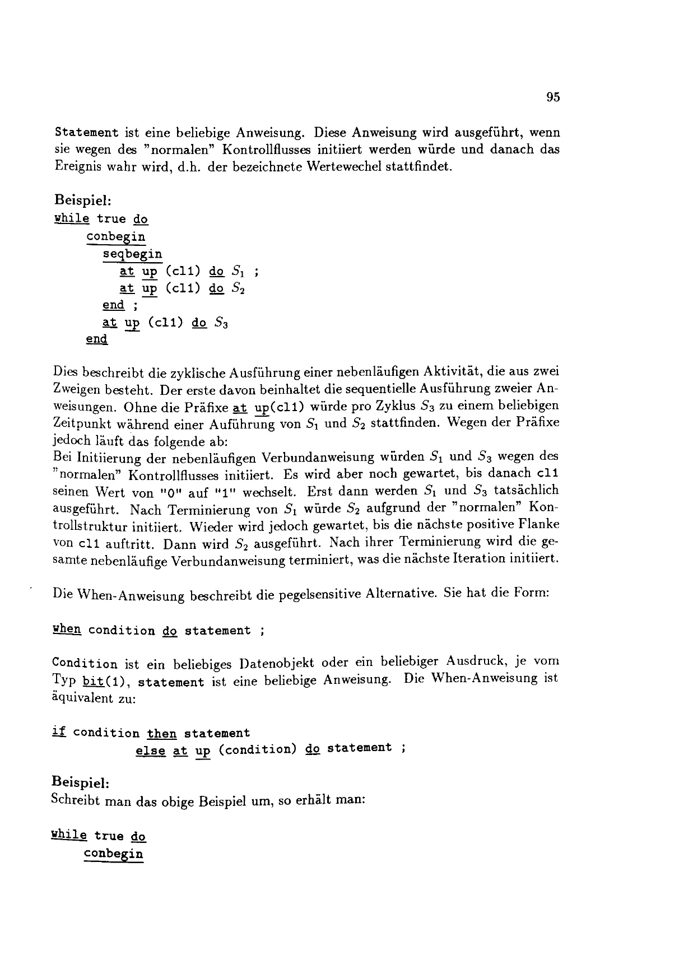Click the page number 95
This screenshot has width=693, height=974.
coord(553,97)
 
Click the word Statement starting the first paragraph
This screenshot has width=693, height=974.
coord(87,133)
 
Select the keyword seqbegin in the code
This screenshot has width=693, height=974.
coord(133,255)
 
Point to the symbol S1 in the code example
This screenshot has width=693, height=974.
coord(239,272)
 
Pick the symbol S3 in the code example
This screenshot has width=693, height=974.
coord(222,323)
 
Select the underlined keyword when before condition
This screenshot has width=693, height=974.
coord(67,630)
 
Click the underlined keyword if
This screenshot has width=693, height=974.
coord(58,732)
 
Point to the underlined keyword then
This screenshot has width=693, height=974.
coord(162,733)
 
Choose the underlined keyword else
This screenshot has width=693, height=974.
coord(150,749)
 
